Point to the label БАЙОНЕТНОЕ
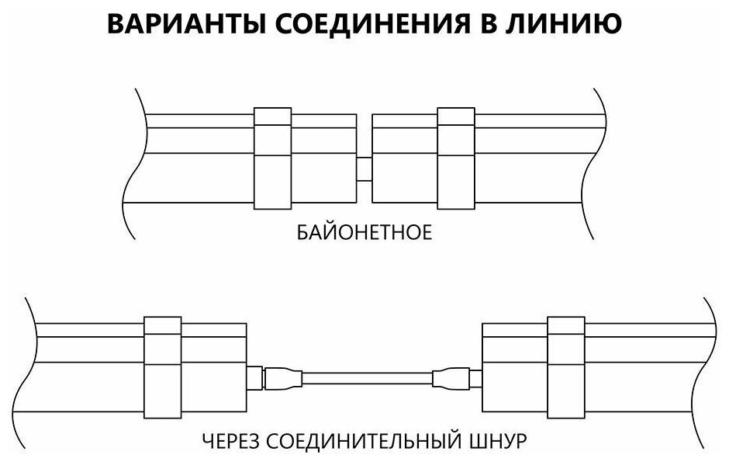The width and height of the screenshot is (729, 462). (x=364, y=233)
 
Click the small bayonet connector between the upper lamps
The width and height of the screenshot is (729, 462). (x=364, y=168)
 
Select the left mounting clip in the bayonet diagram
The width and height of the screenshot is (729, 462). (x=273, y=158)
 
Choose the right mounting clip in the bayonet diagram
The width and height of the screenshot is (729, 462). (x=455, y=158)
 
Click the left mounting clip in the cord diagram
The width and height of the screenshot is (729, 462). (x=163, y=365)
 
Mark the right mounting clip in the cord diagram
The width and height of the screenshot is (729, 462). (x=566, y=365)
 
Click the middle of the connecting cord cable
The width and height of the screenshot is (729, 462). (x=364, y=379)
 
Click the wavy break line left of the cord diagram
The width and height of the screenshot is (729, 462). (x=31, y=365)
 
